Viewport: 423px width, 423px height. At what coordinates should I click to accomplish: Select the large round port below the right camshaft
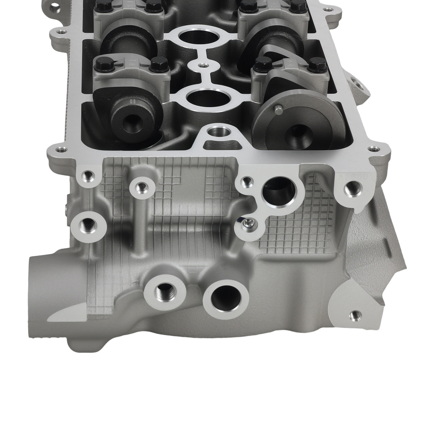tap(278, 192)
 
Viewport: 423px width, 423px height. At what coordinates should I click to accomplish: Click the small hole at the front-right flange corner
tap(373, 149)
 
